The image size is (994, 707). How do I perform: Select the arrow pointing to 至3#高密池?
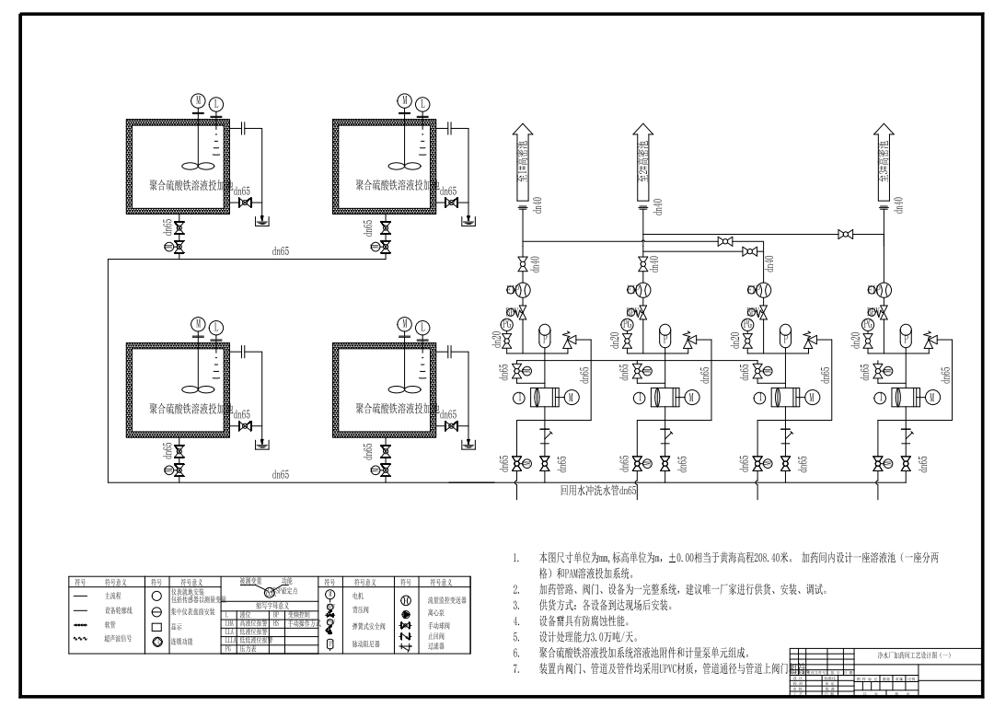click(x=884, y=162)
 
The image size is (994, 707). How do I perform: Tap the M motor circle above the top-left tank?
click(x=197, y=100)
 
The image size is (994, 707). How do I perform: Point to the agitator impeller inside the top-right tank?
click(x=400, y=168)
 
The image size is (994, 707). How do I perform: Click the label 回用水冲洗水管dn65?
click(x=598, y=491)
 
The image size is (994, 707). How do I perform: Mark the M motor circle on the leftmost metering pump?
click(x=572, y=397)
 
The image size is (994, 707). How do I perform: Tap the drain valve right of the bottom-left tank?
click(x=245, y=426)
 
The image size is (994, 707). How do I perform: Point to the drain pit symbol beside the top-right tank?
click(x=470, y=221)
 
